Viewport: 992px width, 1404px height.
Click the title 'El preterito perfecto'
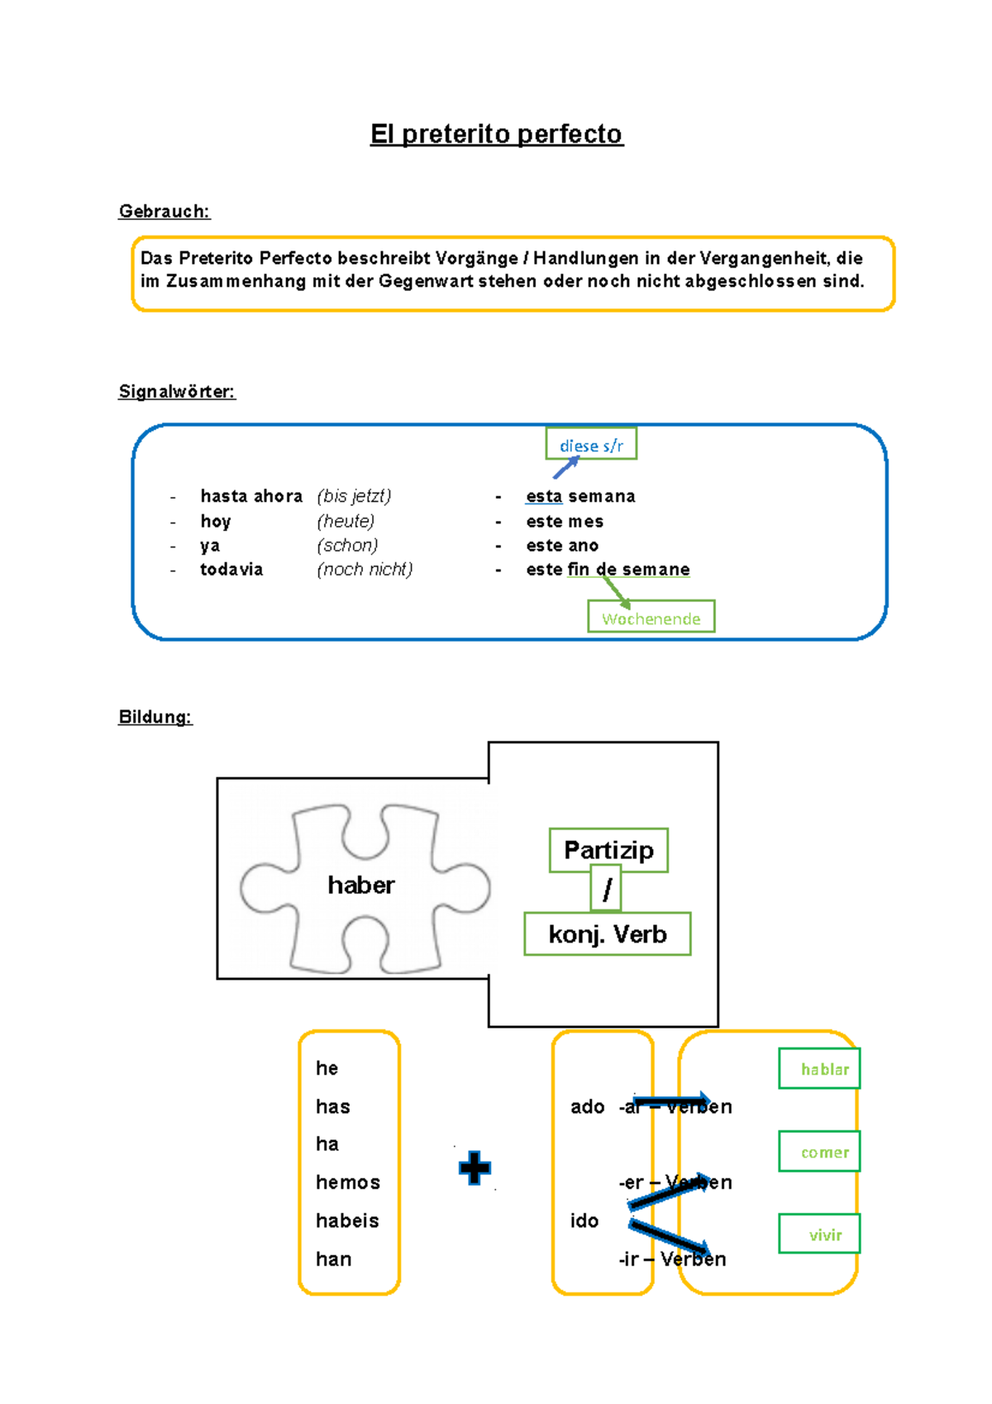[496, 134]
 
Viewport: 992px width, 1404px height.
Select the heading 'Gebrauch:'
[165, 211]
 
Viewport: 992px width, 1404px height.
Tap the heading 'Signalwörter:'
[178, 392]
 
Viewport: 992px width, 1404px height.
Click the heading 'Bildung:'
[155, 717]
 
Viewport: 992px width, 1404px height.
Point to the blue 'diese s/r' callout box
[591, 444]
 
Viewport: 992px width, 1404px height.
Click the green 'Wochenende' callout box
[651, 617]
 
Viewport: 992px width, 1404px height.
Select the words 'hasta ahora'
[251, 496]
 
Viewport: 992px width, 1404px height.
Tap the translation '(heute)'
[346, 522]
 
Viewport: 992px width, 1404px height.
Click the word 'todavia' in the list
[231, 570]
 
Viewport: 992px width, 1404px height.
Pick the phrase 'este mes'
[565, 522]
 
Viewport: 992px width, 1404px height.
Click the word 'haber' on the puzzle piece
[361, 886]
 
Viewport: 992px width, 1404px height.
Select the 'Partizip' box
[608, 851]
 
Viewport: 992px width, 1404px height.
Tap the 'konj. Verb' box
[608, 934]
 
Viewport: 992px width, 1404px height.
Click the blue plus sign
[475, 1168]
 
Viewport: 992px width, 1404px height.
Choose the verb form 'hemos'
[348, 1182]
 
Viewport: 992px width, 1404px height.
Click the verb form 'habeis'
[347, 1221]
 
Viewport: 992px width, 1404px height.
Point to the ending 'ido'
[584, 1221]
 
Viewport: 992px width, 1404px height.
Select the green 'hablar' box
[820, 1068]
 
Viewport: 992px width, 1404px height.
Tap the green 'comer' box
[820, 1152]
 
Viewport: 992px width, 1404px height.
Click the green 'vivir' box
[820, 1234]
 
